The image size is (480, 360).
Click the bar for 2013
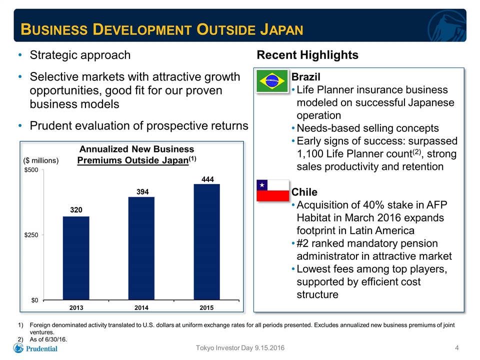point(76,258)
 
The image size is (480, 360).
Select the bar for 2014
point(141,248)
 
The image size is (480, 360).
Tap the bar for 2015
point(206,242)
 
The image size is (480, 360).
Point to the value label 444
point(207,179)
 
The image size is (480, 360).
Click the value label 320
point(76,209)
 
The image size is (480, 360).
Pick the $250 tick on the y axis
point(31,235)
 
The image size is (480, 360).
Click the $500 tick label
point(31,170)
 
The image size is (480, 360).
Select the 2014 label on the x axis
point(141,307)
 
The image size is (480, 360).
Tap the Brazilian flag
point(272,81)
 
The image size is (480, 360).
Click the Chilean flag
point(272,190)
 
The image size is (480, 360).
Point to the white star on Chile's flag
point(262,185)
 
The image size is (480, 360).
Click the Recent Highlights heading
point(307,55)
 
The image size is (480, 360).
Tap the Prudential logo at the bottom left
point(35,348)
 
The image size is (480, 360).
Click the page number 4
point(456,348)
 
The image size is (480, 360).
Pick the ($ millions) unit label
point(41,160)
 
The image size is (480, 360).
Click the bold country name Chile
point(304,192)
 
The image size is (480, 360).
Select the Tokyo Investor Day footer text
point(240,348)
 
